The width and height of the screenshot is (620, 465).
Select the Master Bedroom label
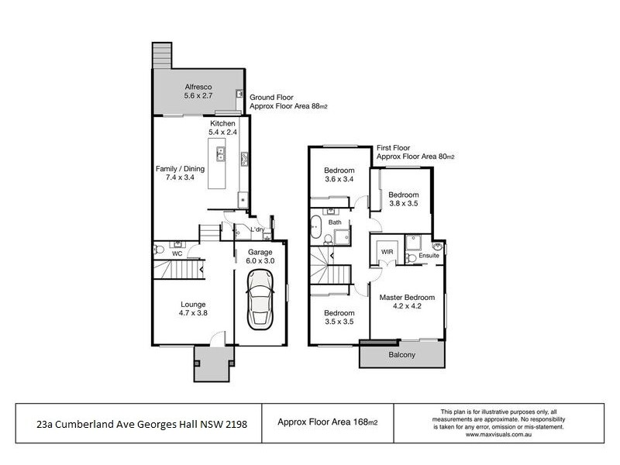[x=407, y=297]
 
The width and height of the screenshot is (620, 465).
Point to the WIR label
[x=387, y=251]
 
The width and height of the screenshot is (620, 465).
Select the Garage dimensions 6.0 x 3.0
[x=261, y=262]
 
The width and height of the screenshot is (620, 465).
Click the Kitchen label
[x=223, y=123]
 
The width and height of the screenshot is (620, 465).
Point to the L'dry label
[x=257, y=230]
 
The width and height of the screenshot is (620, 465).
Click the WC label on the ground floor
[x=177, y=253]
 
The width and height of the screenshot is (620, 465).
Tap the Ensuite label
[x=429, y=255]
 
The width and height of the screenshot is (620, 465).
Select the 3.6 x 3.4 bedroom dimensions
[x=339, y=181]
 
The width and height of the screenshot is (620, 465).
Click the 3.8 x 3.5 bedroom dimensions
[x=404, y=205]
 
